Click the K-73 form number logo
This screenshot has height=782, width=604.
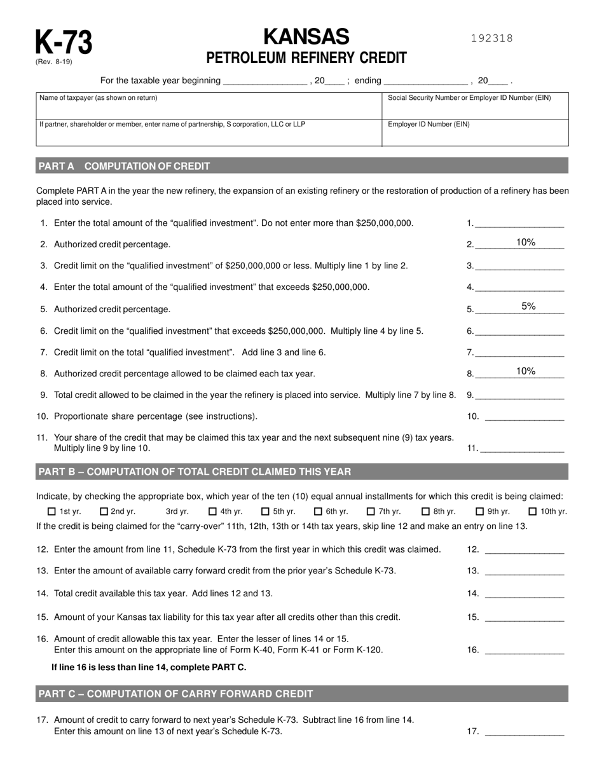coord(63,42)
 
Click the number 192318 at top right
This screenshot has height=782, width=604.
coord(491,38)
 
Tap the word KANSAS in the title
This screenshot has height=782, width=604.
coord(306,36)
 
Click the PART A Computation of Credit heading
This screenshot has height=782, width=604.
coord(124,166)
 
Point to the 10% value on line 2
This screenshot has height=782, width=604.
coord(525,242)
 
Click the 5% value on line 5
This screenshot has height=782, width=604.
coord(528,306)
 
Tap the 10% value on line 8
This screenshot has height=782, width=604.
coord(525,371)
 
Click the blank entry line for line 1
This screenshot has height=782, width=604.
coord(519,223)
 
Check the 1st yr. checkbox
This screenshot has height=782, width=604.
coord(52,511)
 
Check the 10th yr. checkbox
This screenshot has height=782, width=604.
coord(533,511)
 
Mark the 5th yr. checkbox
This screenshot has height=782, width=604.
coord(265,511)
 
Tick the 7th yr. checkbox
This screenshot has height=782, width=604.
coord(371,511)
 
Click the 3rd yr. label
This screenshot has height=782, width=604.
coord(177,511)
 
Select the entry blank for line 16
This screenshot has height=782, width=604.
coord(524,650)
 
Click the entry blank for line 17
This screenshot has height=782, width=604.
coord(524,732)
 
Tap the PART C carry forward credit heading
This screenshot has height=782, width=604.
coord(175,693)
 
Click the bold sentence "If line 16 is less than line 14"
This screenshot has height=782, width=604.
coord(149,667)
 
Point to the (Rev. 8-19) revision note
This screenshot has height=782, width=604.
coord(53,62)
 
